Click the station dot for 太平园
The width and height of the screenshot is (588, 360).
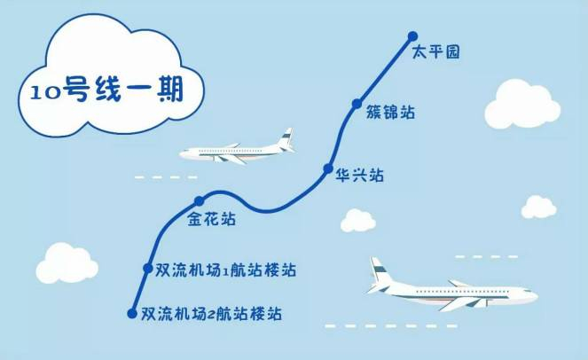pos(412,36)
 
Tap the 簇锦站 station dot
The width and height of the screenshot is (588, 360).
pos(357,103)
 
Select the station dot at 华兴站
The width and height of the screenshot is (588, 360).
pos(328,168)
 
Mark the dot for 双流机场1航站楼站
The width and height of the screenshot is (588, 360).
pos(148,267)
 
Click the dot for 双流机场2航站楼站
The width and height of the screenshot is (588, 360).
pos(133,312)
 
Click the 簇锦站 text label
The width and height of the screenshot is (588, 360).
pos(390,113)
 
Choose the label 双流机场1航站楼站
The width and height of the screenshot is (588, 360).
pos(225,269)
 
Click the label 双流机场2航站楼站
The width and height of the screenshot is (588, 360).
pos(216,314)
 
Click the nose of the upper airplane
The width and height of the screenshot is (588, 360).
pos(183,153)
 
